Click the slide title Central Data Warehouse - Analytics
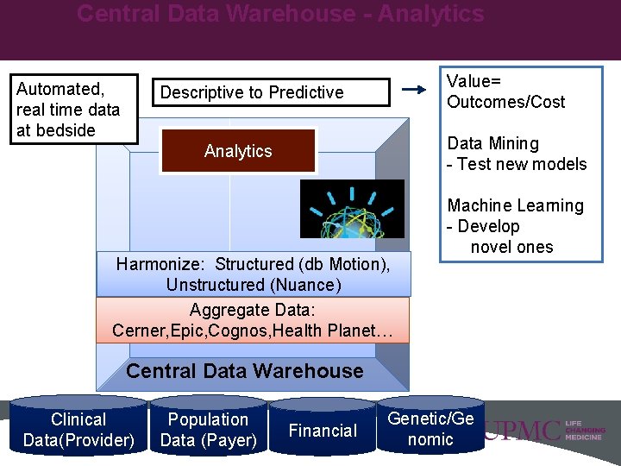pos(280,15)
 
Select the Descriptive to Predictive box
pos(252,92)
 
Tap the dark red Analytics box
pos(238,151)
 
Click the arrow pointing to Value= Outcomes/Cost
pos(415,89)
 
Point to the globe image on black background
pos(351,209)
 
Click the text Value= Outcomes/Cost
pos(505,91)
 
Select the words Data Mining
pos(492,143)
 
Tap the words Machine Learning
pos(515,205)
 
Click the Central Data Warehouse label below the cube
pos(245,371)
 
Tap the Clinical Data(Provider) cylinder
pos(78,430)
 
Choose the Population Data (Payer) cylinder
pos(208,430)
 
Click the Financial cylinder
pos(323,430)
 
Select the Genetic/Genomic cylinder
pos(430,428)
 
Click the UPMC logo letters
pos(521,431)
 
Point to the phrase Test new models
pos(522,164)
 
